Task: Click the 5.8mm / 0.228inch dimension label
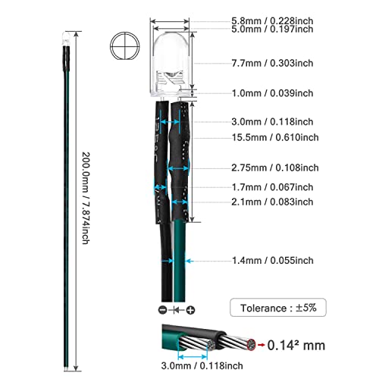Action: tap(272, 20)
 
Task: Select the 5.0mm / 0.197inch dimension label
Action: tap(272, 29)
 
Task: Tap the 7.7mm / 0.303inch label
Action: tap(272, 63)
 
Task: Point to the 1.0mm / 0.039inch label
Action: tap(272, 93)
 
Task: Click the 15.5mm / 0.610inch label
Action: tap(275, 137)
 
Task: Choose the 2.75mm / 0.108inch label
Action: tap(275, 168)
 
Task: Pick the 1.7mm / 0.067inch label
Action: tap(272, 187)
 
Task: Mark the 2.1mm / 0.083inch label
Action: tap(272, 202)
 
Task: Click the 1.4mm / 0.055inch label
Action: tap(273, 261)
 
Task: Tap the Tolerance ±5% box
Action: tap(278, 308)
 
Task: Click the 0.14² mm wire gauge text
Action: tap(296, 345)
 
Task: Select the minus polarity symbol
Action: tap(163, 310)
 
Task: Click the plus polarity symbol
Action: tap(190, 310)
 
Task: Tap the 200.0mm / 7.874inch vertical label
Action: tap(86, 198)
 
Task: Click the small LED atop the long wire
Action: tap(65, 39)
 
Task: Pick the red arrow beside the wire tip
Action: tap(261, 345)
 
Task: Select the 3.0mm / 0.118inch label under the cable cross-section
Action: tap(202, 365)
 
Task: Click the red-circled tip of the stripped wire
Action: tap(251, 345)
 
